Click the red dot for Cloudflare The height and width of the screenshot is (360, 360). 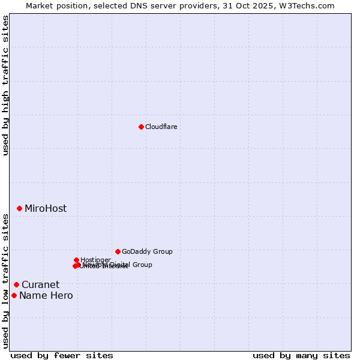click(x=141, y=127)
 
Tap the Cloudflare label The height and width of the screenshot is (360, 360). click(x=161, y=127)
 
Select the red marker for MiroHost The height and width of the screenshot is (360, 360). click(x=19, y=208)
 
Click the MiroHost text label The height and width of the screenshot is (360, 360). click(x=46, y=209)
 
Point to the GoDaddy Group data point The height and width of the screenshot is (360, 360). click(x=118, y=251)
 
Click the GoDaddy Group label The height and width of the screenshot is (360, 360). click(x=147, y=252)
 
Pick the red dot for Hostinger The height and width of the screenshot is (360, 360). click(x=76, y=260)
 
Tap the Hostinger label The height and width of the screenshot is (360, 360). click(x=96, y=260)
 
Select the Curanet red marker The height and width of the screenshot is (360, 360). click(x=16, y=284)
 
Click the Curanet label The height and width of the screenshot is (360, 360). click(x=40, y=285)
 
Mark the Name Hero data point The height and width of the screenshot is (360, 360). click(x=14, y=295)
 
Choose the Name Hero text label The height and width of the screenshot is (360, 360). click(x=46, y=296)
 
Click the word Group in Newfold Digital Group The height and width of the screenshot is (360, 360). click(x=142, y=265)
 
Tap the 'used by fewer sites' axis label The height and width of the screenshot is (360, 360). click(x=62, y=355)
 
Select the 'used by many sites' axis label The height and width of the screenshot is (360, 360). click(x=301, y=355)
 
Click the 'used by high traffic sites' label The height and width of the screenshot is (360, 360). click(x=5, y=85)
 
